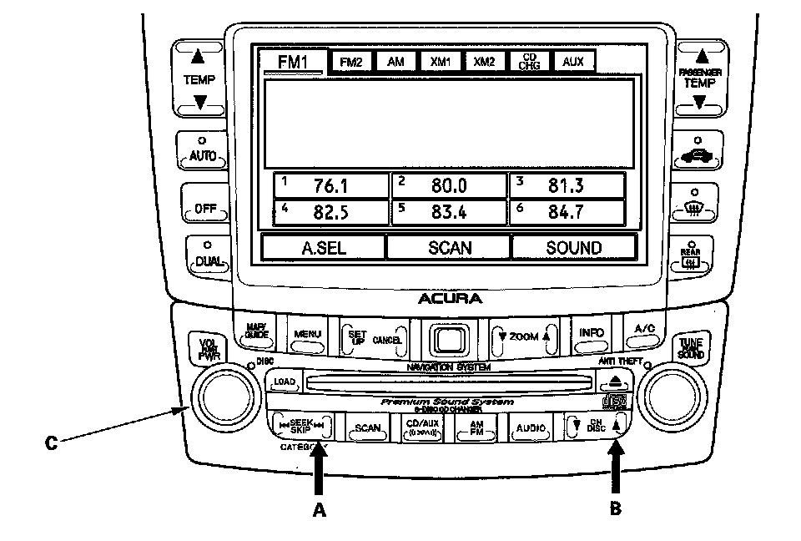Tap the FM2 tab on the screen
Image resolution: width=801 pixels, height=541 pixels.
pyautogui.click(x=352, y=62)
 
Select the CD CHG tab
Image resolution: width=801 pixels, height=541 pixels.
pyautogui.click(x=529, y=62)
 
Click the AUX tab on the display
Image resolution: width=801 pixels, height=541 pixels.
pyautogui.click(x=573, y=62)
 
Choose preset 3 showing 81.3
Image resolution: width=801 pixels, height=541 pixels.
pyautogui.click(x=567, y=185)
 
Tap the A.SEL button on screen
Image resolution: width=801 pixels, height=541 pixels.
pyautogui.click(x=323, y=247)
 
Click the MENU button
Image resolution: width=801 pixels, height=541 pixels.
pyautogui.click(x=306, y=334)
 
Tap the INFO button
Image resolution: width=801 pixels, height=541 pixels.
pyautogui.click(x=591, y=333)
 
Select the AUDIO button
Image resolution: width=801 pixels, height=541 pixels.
pyautogui.click(x=531, y=428)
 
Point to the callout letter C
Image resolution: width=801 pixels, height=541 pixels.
pyautogui.click(x=50, y=443)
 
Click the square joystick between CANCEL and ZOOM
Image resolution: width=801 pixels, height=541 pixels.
pyautogui.click(x=450, y=337)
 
